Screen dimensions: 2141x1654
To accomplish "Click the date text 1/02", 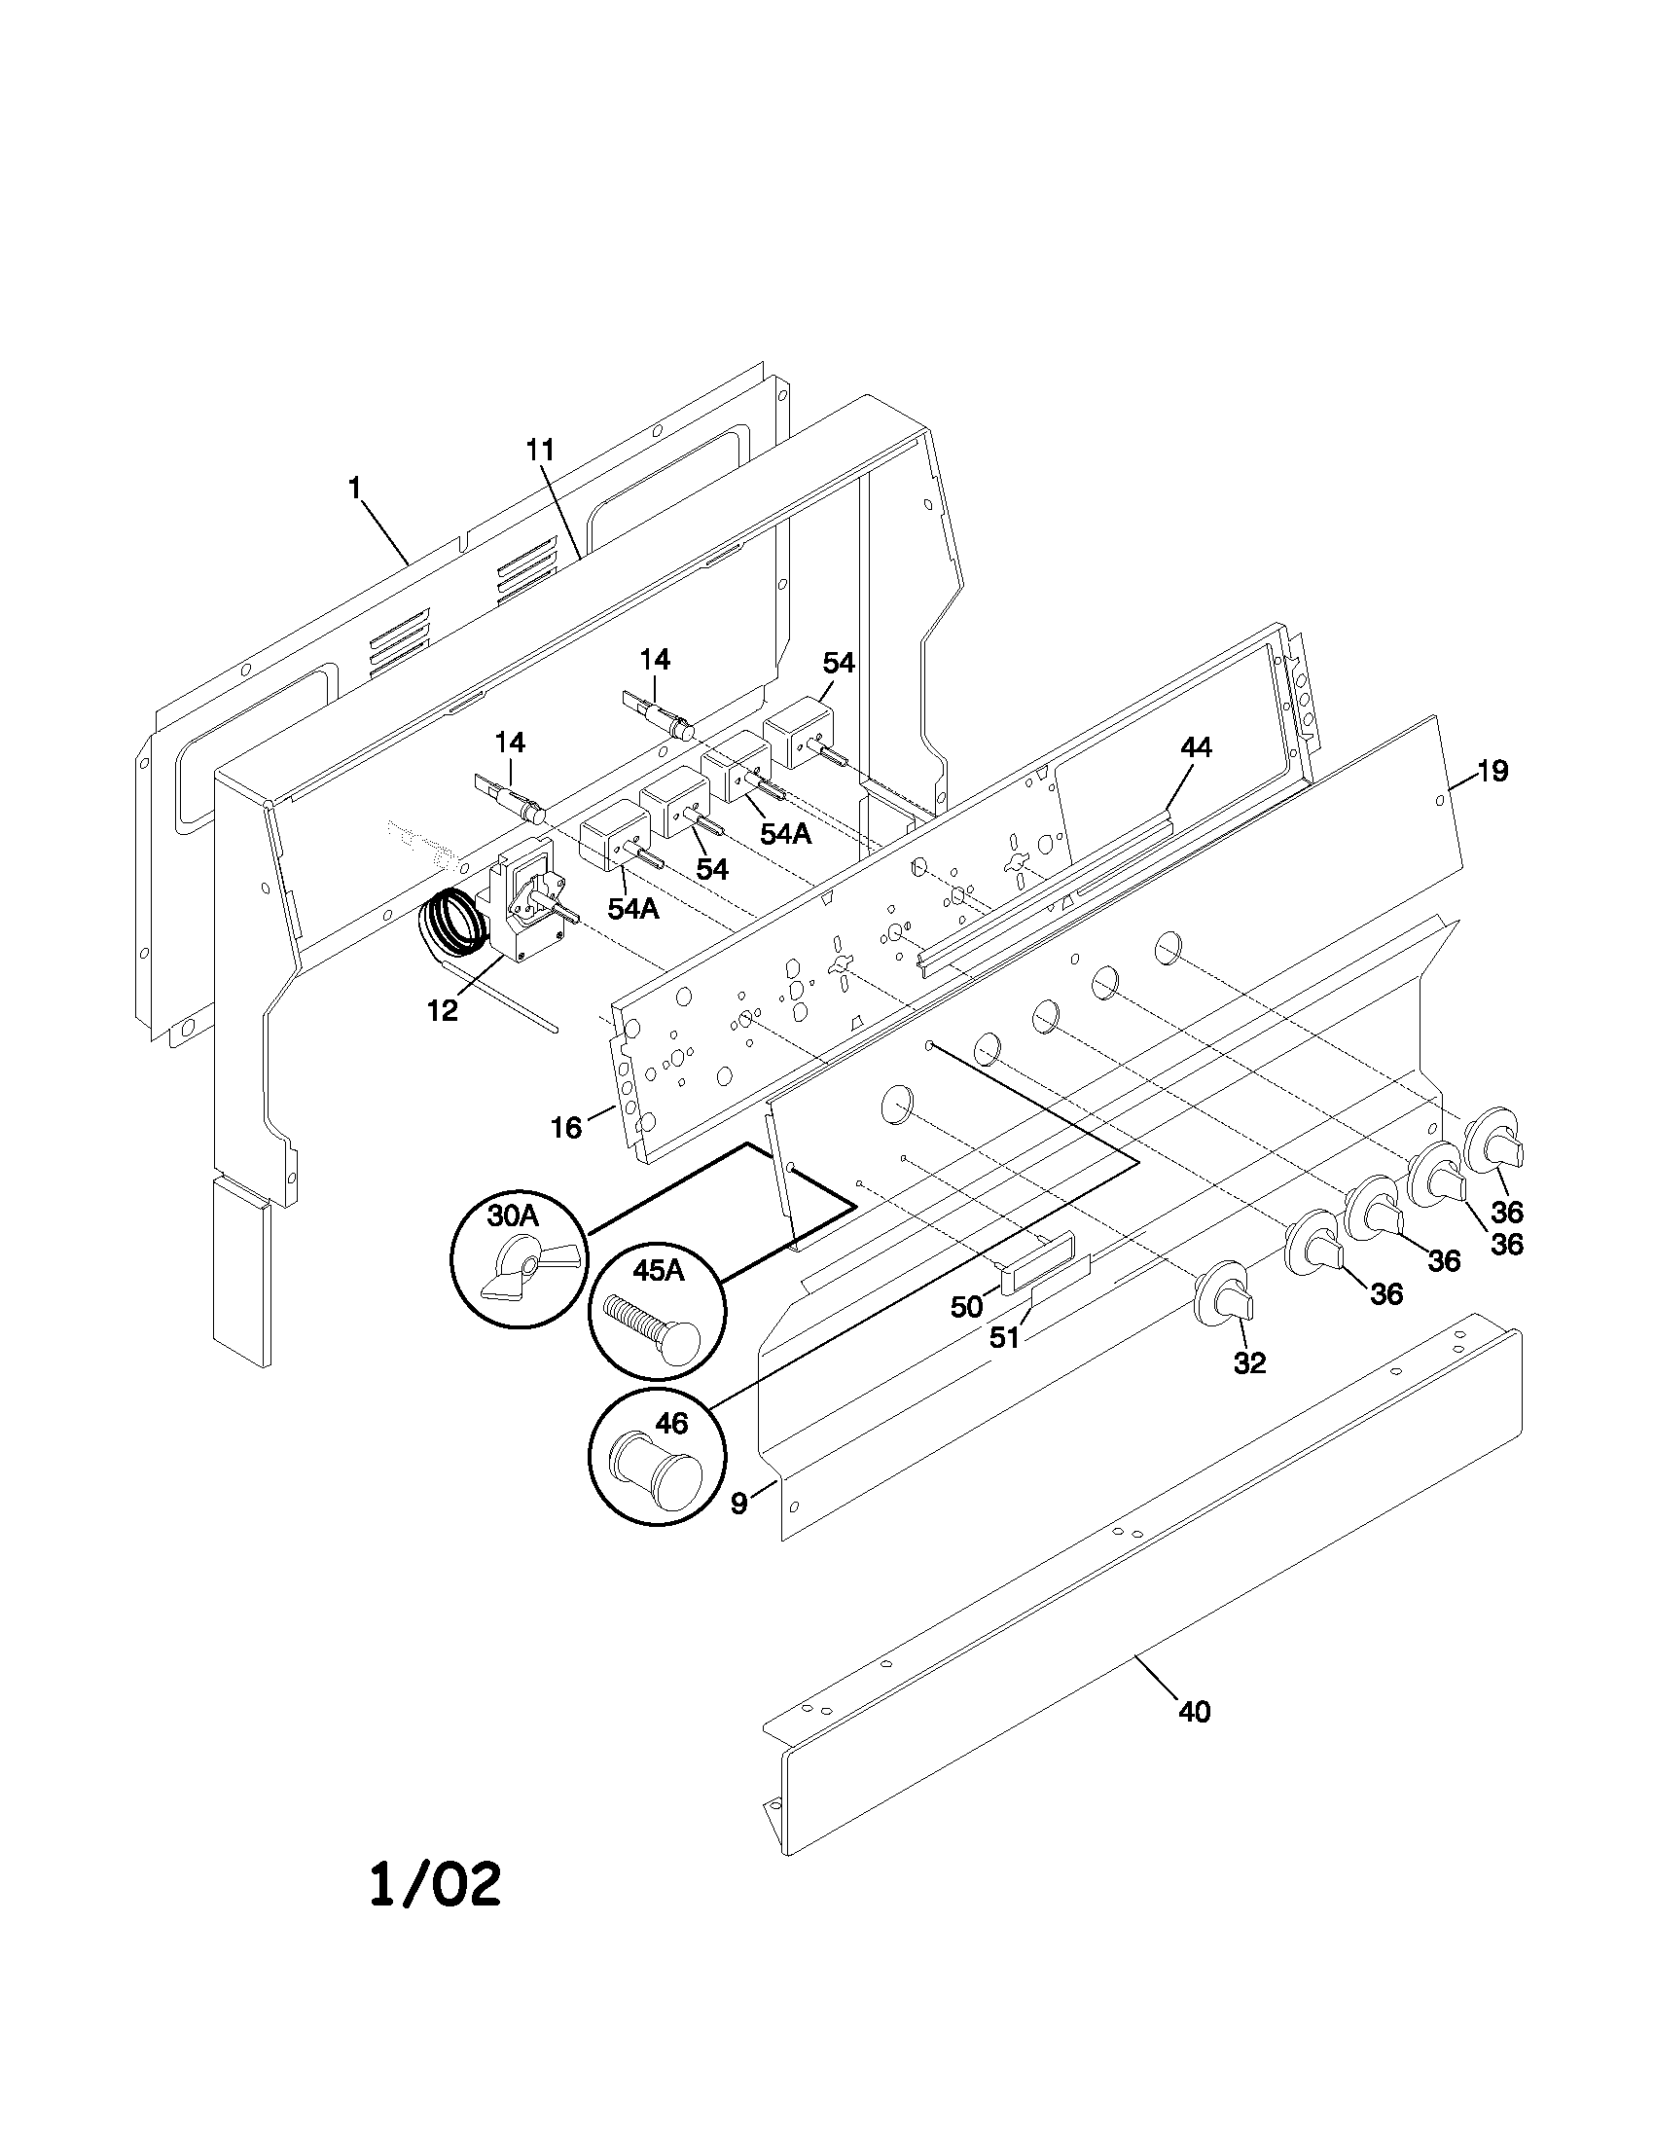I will (x=435, y=1885).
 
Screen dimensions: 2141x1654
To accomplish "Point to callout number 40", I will (x=1195, y=1712).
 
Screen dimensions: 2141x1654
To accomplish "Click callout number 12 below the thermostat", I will (x=443, y=1011).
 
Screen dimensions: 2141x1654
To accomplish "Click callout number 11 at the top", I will (x=539, y=450).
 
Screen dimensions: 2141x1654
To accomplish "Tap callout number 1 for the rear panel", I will (x=355, y=487).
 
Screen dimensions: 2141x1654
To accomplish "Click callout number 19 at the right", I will (x=1492, y=772).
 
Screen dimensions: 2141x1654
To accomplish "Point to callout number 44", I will (x=1196, y=748).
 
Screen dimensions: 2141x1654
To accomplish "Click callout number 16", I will (x=566, y=1127).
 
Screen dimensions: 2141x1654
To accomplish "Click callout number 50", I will (x=966, y=1306).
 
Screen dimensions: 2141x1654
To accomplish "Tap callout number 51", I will (x=1004, y=1337).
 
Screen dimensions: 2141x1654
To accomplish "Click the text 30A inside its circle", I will (x=514, y=1216).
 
